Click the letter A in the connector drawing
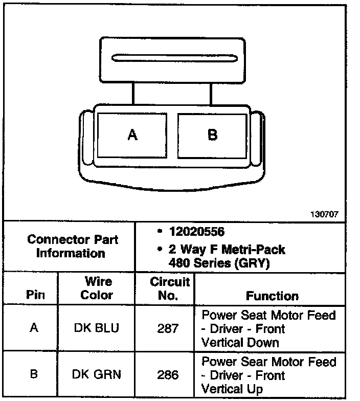pos(132,135)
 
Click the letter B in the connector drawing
pos(213,135)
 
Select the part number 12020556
pos(196,232)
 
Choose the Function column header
pos(272,296)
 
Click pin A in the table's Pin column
pos(34,328)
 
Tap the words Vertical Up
pos(233,389)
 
